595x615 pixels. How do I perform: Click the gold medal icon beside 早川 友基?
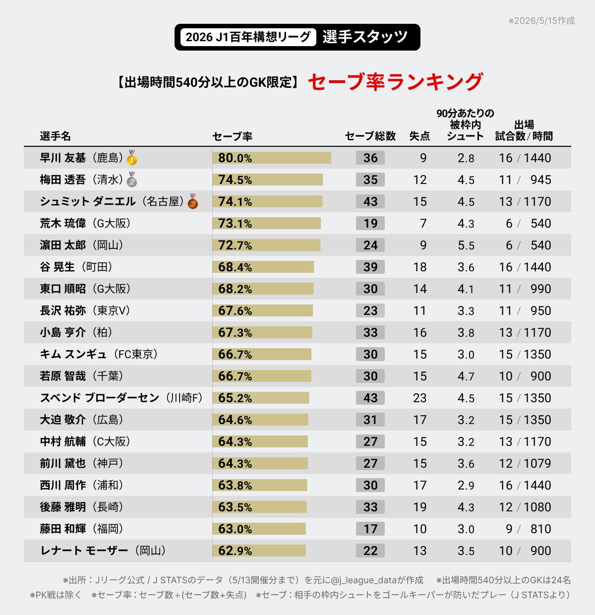(132, 157)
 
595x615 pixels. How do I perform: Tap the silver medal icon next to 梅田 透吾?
(132, 179)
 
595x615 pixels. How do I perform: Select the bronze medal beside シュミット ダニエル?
(193, 201)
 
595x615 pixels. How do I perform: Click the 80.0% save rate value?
(235, 158)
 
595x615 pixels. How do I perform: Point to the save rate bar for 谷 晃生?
(263, 267)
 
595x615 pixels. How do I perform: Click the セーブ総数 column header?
(370, 136)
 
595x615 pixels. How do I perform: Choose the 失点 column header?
(419, 136)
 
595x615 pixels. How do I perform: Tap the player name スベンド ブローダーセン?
(100, 398)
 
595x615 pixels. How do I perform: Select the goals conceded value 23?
(419, 398)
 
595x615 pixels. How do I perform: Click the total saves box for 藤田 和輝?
(370, 529)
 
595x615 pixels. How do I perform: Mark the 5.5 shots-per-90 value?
(466, 245)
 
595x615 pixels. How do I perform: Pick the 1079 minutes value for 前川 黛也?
(537, 463)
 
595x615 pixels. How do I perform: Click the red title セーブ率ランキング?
(395, 82)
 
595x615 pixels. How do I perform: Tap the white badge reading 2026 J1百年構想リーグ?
(248, 37)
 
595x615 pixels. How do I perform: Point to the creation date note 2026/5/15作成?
(541, 20)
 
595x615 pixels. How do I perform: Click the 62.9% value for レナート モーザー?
(235, 551)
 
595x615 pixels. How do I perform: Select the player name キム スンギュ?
(73, 354)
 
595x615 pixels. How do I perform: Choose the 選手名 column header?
(56, 136)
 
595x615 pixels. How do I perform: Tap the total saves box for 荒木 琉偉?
(370, 224)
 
